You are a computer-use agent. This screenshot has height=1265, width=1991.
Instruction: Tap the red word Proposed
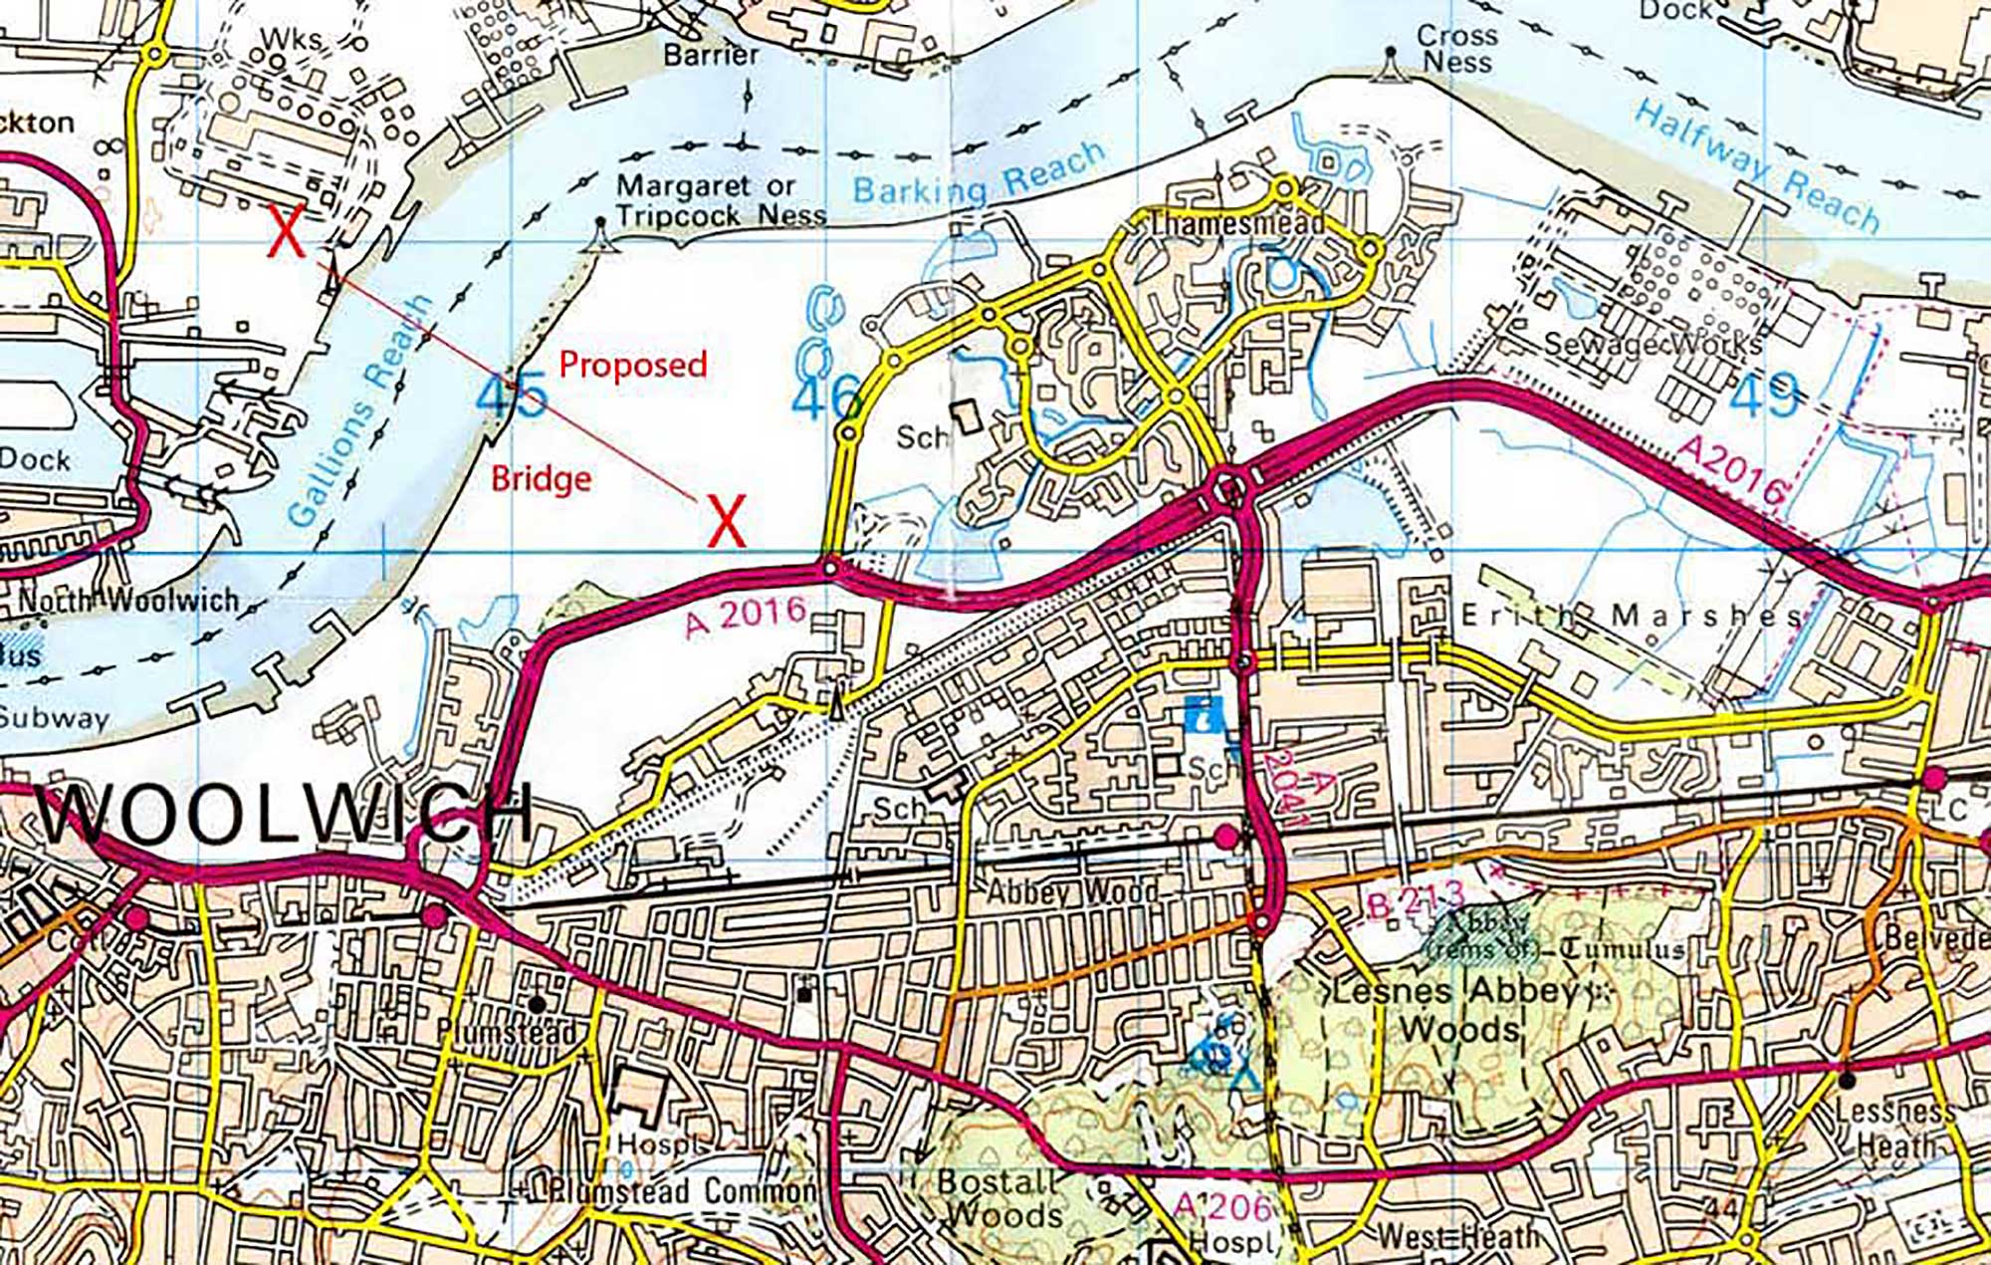tap(633, 365)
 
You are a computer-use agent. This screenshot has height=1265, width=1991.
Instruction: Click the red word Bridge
tap(542, 479)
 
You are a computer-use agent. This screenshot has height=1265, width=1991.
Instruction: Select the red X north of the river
tap(287, 232)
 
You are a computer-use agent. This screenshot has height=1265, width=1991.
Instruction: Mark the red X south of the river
tap(727, 521)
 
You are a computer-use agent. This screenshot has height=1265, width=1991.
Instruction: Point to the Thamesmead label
tap(1236, 223)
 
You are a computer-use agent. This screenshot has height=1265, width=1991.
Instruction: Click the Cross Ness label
tap(1456, 49)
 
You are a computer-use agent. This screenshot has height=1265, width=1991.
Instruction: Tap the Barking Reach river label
tap(980, 175)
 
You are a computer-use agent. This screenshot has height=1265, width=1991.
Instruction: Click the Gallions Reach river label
tap(360, 410)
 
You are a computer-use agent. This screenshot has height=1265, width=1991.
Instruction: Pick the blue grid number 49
tap(1764, 395)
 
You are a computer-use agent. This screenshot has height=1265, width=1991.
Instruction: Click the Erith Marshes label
tap(1631, 617)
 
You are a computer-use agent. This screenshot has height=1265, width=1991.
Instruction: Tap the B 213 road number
tap(1416, 900)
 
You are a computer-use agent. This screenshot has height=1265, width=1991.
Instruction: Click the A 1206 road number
tap(1222, 1207)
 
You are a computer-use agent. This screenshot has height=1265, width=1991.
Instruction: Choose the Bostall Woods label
tap(999, 1198)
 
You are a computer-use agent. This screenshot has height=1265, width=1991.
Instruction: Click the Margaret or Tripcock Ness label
tap(720, 200)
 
